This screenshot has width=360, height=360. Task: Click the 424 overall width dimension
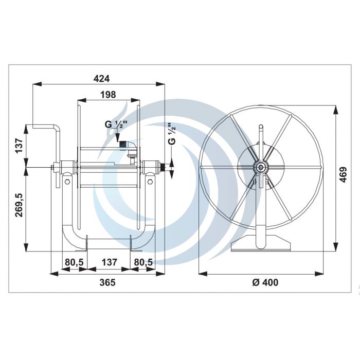(101, 78)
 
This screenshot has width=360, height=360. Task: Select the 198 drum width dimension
(109, 94)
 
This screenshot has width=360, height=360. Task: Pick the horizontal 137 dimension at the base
(109, 262)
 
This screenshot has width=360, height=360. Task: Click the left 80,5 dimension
(74, 262)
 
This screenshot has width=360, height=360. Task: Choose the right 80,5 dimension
(143, 262)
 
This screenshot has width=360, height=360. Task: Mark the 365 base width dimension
(107, 282)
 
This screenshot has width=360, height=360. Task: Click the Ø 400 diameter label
(263, 282)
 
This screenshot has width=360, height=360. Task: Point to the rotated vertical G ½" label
(172, 134)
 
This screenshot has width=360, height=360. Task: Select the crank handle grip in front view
(44, 127)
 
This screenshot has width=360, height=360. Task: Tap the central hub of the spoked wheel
(261, 167)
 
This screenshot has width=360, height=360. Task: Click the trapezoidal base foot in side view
(261, 245)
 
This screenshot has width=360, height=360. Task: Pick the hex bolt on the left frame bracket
(67, 183)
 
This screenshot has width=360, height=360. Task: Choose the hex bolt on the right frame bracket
(149, 183)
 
